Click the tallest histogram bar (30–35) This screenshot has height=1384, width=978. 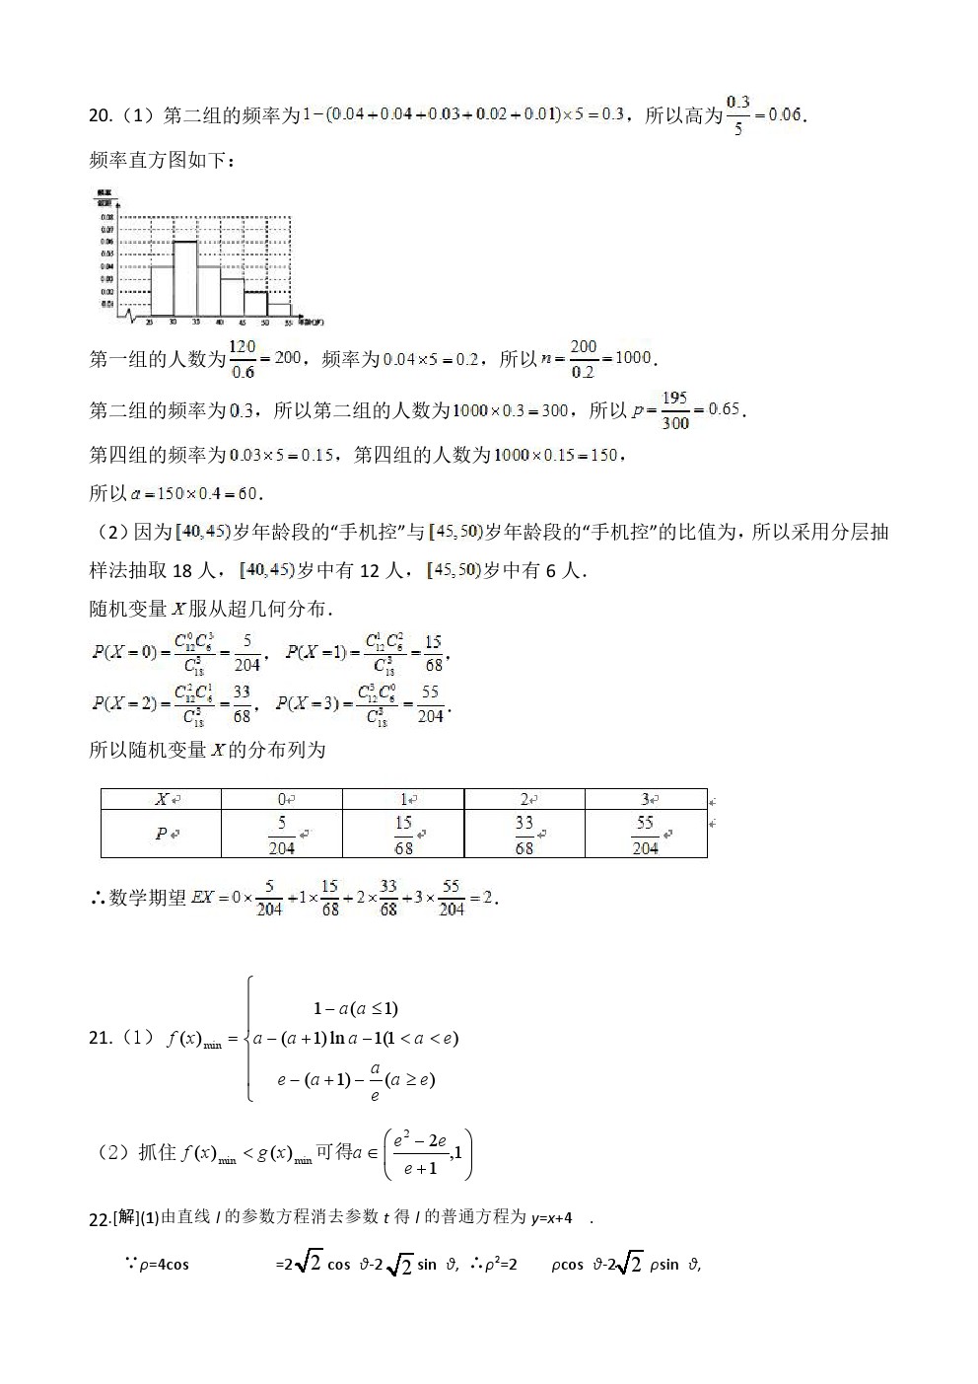pos(184,277)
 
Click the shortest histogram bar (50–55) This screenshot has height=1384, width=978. pos(279,310)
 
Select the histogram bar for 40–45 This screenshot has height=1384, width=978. pos(232,296)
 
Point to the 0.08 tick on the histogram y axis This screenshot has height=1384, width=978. pos(106,216)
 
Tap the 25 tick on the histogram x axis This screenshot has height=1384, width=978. pos(149,323)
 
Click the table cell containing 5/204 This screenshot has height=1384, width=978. pos(281,834)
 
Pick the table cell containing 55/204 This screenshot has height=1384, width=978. pos(645,834)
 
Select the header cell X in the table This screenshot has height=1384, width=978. pos(162,799)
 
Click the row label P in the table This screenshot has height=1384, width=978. pos(162,834)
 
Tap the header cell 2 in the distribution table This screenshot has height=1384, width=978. pos(524,799)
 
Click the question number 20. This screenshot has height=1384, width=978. pos(100,116)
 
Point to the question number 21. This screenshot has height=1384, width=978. pos(100,1038)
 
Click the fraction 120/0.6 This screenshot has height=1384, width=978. pos(243,359)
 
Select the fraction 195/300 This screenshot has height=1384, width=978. pos(675,410)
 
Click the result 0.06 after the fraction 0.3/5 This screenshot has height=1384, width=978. pos(785,115)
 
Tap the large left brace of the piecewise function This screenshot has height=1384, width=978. pos(250,1039)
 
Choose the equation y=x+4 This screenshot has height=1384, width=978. pos(552,1218)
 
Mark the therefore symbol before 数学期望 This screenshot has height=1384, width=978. pos(98,898)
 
